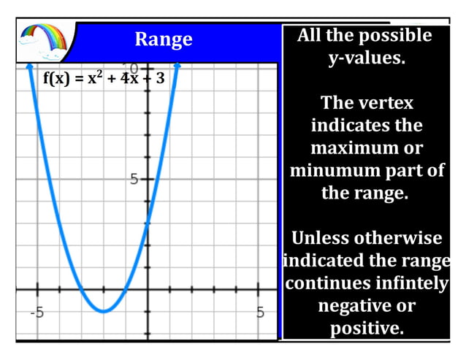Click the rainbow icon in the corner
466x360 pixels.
point(45,42)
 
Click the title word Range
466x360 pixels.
point(164,39)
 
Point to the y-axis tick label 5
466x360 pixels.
point(134,178)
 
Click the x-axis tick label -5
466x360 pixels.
point(37,313)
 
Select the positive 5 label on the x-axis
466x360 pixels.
point(260,313)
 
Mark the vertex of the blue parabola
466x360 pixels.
point(104,311)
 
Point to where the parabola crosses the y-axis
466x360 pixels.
point(148,223)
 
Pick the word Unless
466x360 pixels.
point(320,239)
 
